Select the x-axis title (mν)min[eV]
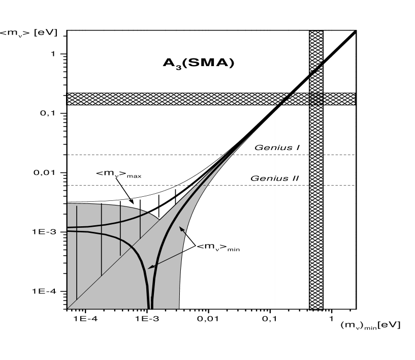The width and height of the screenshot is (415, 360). (x=370, y=325)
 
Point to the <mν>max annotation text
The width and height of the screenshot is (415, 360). (x=119, y=174)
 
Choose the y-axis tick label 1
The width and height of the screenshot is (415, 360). (x=52, y=54)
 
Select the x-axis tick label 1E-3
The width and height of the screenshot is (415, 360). (x=147, y=319)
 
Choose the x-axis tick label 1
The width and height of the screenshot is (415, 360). (x=331, y=319)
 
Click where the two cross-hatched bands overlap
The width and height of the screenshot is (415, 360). (x=316, y=99)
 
